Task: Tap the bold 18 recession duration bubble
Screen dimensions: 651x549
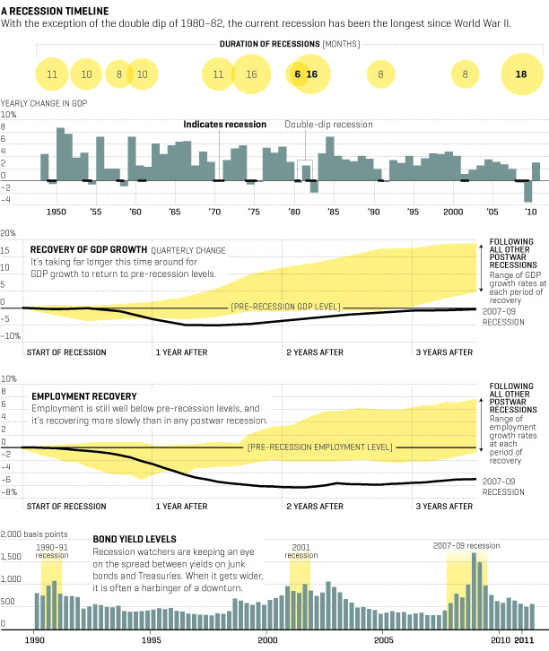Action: pos(521,74)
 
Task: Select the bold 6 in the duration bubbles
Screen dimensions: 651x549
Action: pos(297,74)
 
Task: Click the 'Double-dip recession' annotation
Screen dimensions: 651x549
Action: pos(328,125)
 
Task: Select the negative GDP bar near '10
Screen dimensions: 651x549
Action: pos(528,191)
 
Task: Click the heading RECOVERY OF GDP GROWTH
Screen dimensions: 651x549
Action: pos(88,249)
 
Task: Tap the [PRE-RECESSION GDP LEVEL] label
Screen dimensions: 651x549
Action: pos(285,308)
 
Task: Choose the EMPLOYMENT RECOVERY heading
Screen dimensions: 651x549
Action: pos(83,395)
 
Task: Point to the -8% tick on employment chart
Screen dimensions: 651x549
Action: pos(10,491)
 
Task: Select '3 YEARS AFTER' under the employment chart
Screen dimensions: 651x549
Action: pos(444,506)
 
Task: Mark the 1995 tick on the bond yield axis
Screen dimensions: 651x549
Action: pos(152,641)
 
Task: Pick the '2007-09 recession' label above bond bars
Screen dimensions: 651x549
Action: pos(466,545)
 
